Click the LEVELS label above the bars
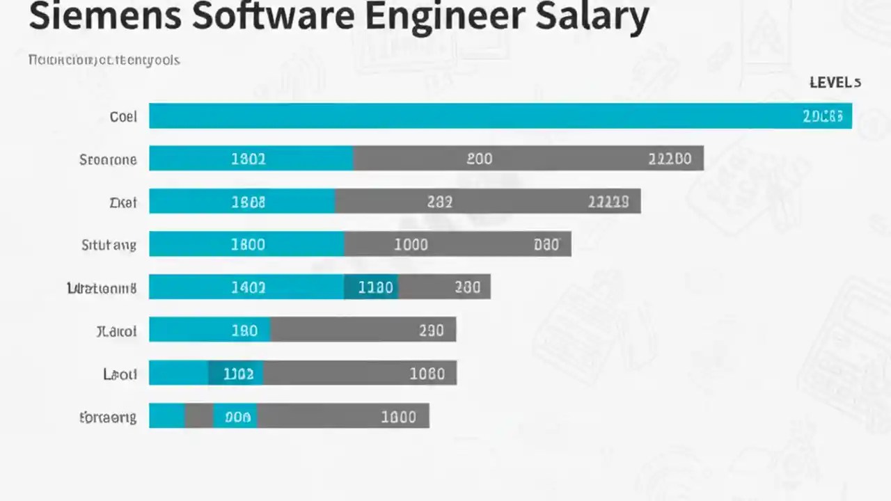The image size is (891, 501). tap(835, 83)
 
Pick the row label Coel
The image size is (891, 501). tap(123, 117)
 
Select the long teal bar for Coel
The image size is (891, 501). tap(473, 116)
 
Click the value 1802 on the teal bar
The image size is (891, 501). tap(248, 159)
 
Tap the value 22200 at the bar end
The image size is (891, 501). tap(670, 159)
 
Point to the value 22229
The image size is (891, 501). tap(608, 202)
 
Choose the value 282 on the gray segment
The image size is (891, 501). tap(439, 202)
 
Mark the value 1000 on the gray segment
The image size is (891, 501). tap(411, 245)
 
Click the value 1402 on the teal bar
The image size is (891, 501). tap(248, 288)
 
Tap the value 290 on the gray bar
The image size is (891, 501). tap(431, 331)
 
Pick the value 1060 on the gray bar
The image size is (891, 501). tap(427, 374)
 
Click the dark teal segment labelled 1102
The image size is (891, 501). tap(236, 374)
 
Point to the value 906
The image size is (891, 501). tap(237, 417)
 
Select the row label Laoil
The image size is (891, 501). tap(120, 374)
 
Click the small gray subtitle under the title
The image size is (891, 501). tap(104, 60)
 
